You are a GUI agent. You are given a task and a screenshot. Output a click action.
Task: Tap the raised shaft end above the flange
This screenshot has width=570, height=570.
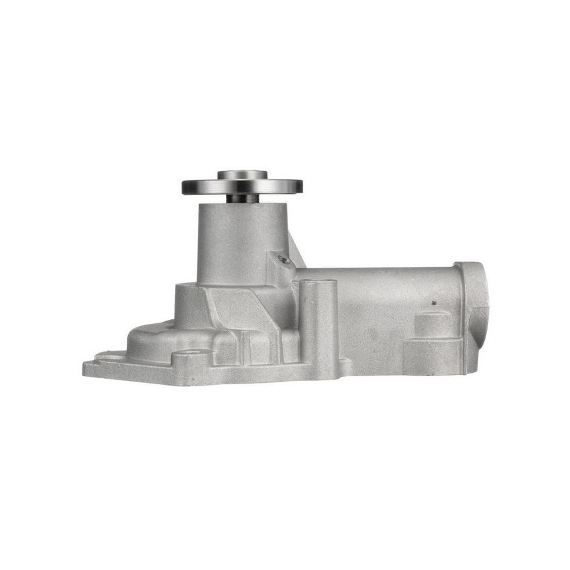[242, 175]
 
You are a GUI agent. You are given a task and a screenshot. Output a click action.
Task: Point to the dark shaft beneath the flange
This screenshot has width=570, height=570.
[242, 198]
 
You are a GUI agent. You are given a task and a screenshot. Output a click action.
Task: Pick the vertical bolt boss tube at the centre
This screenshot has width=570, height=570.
[319, 322]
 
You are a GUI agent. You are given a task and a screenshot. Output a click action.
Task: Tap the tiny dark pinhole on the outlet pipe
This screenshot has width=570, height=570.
[434, 303]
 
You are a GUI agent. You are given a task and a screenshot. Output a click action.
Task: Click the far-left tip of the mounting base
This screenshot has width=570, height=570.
[86, 367]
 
